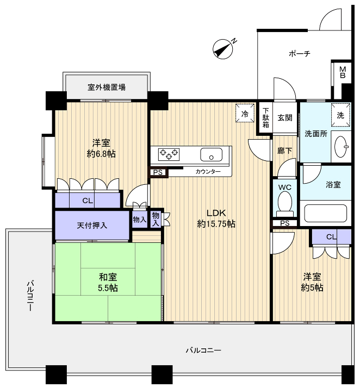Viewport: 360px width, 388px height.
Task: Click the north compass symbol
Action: (223, 49)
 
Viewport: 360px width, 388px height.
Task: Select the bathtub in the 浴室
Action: (325, 213)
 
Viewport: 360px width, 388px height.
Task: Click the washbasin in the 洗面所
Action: (341, 147)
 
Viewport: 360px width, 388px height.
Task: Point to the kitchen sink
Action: (211, 155)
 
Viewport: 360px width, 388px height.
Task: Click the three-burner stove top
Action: (169, 154)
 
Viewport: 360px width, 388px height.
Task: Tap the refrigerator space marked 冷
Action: (245, 113)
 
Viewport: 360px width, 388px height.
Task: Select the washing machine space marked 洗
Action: (341, 115)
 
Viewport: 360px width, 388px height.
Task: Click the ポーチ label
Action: (300, 53)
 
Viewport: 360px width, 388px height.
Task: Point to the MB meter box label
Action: (343, 72)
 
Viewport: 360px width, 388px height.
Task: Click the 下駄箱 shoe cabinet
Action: (266, 118)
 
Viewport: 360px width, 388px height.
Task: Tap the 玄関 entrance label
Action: (285, 118)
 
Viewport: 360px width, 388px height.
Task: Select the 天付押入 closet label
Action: (92, 226)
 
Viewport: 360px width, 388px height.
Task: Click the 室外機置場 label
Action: (107, 87)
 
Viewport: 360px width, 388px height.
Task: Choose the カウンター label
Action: (208, 172)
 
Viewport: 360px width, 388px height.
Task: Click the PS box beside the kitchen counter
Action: (158, 172)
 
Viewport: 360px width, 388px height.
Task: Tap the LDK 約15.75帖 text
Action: (216, 218)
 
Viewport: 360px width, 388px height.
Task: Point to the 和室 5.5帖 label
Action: (108, 283)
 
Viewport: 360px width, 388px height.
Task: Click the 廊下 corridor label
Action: (284, 151)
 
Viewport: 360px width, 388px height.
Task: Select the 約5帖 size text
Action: (312, 288)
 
